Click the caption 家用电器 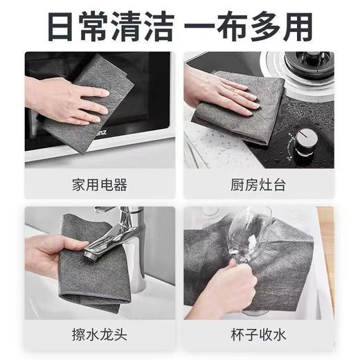coord(99,185)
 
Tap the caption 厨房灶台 coord(259,185)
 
